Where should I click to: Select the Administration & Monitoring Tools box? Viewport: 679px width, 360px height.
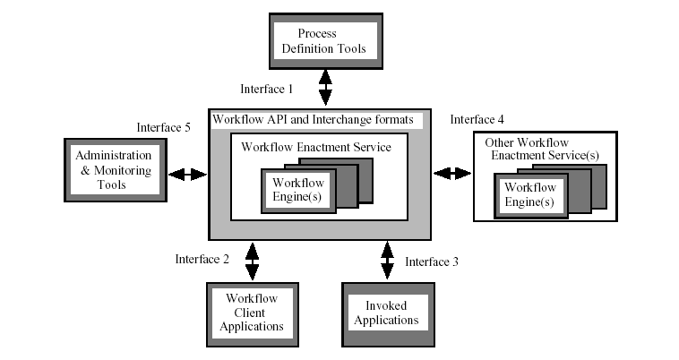(116, 170)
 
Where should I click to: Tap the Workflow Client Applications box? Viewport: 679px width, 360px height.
(252, 313)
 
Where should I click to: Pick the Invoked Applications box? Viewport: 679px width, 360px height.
(387, 313)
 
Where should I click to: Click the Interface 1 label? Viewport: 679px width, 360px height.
(266, 90)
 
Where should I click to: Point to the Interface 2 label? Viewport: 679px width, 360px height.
(202, 260)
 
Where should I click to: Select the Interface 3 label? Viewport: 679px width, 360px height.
(432, 262)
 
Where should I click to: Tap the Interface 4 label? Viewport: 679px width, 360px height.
(477, 119)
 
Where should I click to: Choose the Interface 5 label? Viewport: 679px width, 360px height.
(163, 127)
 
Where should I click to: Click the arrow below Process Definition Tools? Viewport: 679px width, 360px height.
(325, 88)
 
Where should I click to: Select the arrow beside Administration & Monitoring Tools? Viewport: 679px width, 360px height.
(188, 174)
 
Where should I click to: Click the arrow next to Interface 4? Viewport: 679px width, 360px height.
(452, 173)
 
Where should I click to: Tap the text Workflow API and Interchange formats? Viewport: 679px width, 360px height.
(313, 120)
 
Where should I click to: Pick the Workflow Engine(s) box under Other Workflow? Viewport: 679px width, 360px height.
(529, 195)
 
